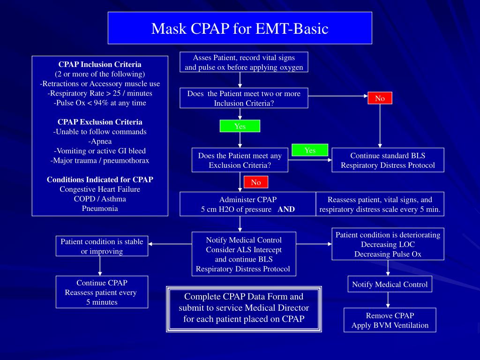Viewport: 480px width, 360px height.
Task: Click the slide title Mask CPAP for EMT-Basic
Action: [x=240, y=29]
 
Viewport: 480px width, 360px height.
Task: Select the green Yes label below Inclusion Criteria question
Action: [x=240, y=126]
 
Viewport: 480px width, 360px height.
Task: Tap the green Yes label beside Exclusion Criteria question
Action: [x=310, y=150]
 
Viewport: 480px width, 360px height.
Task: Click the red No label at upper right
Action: [x=380, y=98]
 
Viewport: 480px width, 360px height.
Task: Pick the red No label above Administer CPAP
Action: [x=256, y=182]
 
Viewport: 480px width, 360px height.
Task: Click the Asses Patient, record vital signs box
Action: [x=244, y=62]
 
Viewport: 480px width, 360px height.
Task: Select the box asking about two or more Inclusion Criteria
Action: [x=244, y=98]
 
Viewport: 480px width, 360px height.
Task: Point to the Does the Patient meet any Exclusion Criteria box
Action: [x=240, y=160]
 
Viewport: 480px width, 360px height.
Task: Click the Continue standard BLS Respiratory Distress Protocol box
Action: [x=388, y=160]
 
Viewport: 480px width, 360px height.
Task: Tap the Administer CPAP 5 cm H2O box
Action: [x=247, y=204]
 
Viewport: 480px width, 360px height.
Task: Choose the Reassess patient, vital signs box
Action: [x=380, y=204]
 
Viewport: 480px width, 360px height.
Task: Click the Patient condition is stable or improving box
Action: [x=102, y=246]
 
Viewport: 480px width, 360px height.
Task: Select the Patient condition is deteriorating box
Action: [x=388, y=244]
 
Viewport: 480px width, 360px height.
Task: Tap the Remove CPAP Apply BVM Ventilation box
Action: [x=390, y=320]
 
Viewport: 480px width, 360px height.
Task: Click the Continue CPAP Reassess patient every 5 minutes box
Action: [x=102, y=292]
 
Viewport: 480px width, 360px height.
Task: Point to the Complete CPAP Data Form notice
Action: [x=244, y=308]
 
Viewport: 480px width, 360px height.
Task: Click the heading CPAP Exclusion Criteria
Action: [x=100, y=122]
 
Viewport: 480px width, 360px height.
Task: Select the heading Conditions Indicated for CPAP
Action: [x=100, y=180]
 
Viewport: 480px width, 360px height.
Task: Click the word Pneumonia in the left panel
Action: [x=100, y=208]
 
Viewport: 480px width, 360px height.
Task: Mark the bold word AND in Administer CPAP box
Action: [x=286, y=209]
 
